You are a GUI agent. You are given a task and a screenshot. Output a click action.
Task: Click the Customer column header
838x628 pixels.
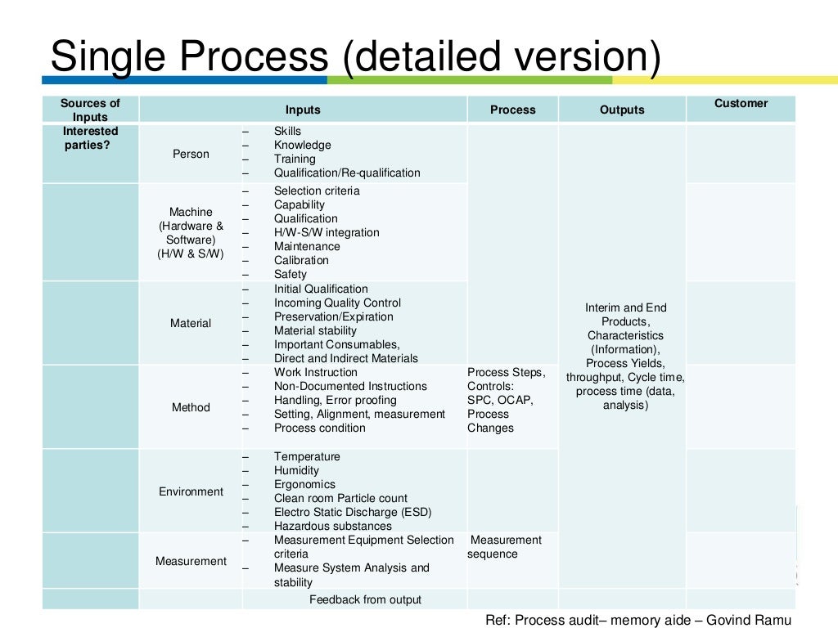741,103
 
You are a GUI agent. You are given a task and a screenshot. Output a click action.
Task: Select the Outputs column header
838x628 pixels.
622,110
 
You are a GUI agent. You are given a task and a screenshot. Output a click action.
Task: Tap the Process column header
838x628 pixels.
513,110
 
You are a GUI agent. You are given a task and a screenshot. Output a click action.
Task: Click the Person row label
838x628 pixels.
191,154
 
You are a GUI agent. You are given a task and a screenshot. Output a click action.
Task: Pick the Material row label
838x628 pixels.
191,323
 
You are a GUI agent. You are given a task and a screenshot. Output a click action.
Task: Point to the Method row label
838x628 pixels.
191,407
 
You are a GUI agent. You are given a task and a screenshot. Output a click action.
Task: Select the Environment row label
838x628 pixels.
191,491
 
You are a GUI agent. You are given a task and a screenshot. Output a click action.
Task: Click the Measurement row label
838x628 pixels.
191,561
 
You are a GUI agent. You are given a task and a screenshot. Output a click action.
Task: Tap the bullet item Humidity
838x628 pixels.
296,470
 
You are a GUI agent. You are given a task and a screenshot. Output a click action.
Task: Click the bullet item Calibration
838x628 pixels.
301,260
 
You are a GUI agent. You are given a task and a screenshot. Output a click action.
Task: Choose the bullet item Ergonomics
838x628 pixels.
304,484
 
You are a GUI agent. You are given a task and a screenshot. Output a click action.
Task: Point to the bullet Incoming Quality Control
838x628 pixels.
337,303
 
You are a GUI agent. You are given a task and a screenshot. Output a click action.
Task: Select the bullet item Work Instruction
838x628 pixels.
316,372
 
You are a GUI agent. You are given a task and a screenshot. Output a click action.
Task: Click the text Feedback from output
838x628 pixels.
365,599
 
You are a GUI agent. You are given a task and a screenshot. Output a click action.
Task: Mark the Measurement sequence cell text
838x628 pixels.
504,547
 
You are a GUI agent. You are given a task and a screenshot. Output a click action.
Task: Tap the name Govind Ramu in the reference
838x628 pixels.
756,619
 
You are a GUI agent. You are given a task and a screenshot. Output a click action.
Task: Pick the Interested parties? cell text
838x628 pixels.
91,138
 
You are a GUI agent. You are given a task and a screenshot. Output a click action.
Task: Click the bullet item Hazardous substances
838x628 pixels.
332,526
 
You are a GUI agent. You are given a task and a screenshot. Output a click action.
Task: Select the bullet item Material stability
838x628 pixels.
315,330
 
